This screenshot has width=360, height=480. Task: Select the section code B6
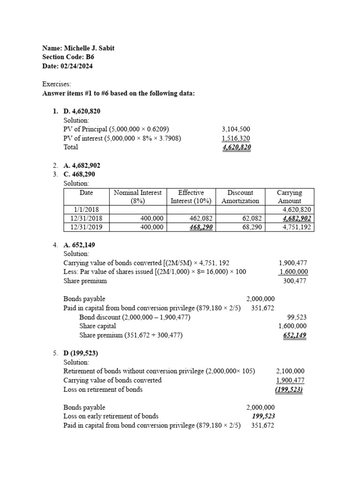point(90,57)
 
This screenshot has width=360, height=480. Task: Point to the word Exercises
point(57,84)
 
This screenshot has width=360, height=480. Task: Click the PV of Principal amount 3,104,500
point(236,129)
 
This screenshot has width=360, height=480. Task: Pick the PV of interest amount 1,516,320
point(236,138)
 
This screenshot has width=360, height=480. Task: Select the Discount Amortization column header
point(240,196)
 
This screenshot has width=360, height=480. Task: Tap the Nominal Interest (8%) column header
point(138,196)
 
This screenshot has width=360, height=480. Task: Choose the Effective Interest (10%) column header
point(191,196)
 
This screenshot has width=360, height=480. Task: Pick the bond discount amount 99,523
point(297,317)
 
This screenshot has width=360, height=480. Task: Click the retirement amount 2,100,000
point(290,371)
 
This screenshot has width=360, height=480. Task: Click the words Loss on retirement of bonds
point(103,389)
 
